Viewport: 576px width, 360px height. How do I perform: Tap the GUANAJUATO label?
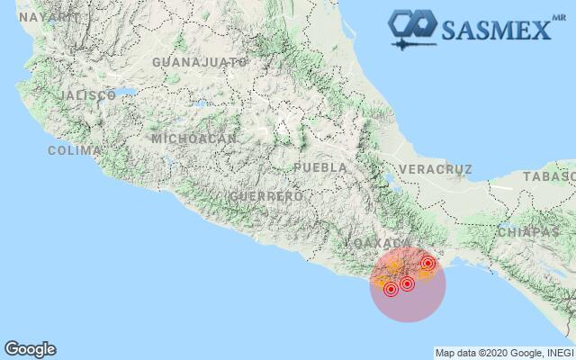tap(200, 62)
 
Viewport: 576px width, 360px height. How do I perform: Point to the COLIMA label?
tap(74, 150)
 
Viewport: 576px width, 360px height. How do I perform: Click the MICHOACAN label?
tap(193, 139)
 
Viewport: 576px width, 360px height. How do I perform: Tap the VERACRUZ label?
tap(436, 169)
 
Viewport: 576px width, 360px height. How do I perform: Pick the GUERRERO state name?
tap(265, 196)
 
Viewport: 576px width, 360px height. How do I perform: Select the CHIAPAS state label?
tap(527, 231)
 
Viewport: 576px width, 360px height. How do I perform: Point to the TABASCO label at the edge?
tap(551, 176)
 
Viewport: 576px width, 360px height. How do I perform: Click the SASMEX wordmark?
tap(494, 29)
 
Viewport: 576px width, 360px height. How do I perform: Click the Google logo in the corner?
tap(30, 349)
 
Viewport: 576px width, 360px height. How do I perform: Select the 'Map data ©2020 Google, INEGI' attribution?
tap(503, 353)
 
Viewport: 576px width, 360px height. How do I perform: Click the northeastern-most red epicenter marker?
tap(428, 263)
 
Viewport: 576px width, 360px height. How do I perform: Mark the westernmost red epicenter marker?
tap(391, 289)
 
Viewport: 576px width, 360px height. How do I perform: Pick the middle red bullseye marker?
tap(407, 283)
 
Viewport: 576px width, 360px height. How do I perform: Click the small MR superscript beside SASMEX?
tap(555, 14)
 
